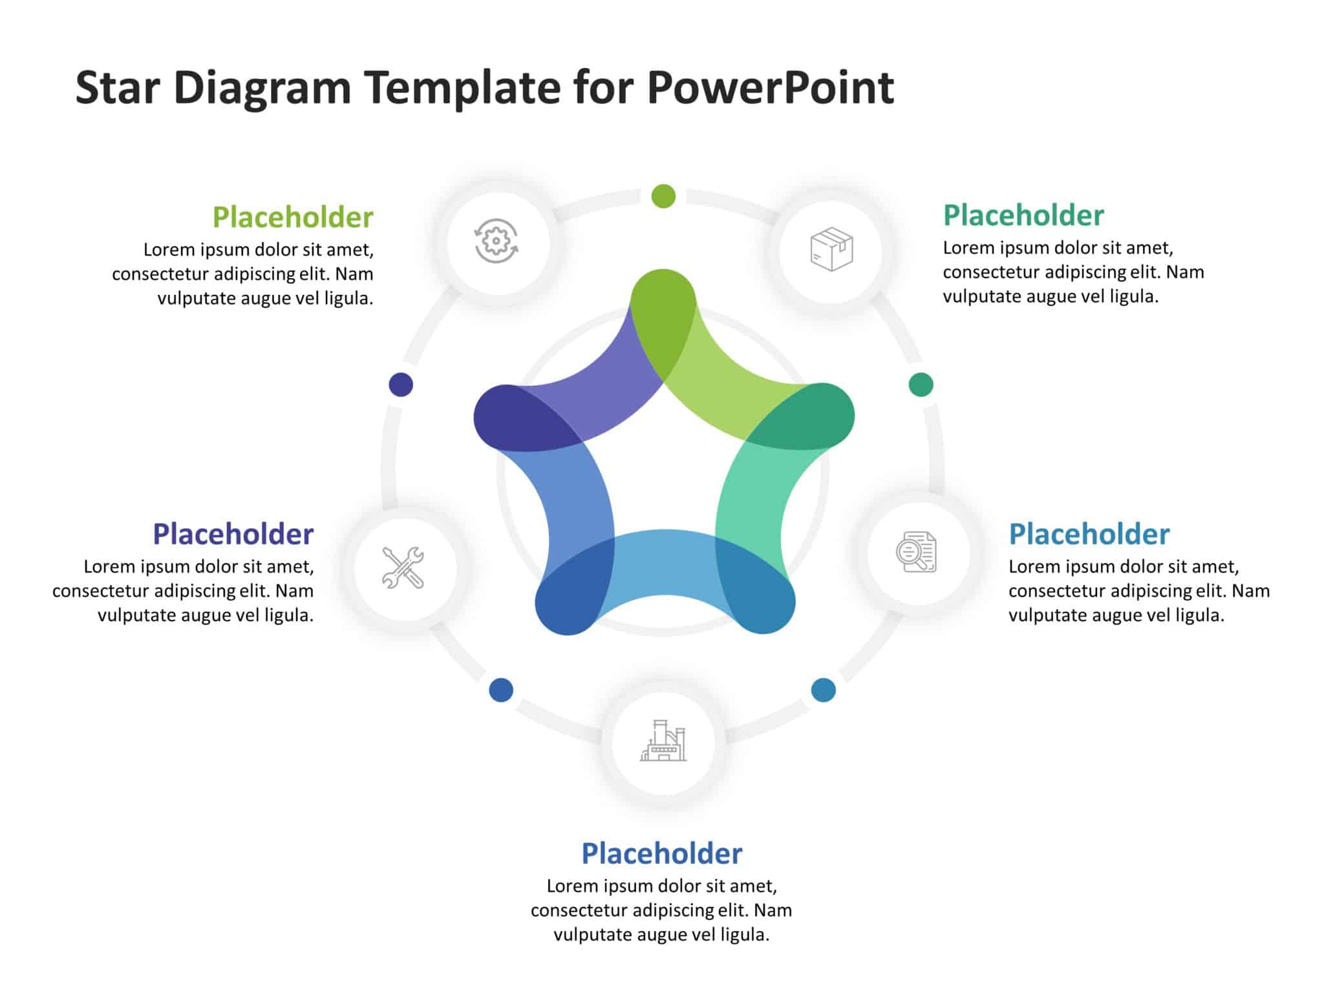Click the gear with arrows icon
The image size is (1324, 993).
tap(496, 241)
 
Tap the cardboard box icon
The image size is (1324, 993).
tap(831, 250)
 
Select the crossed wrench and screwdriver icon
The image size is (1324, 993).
tap(403, 568)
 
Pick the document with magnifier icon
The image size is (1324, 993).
tap(917, 552)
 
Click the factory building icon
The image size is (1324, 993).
tap(663, 742)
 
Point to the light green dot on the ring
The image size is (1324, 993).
tap(663, 196)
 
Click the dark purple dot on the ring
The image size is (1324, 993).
tap(401, 385)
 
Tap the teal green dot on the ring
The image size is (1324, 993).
tap(921, 385)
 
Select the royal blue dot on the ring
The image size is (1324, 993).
tap(501, 690)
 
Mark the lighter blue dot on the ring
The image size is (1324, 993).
tap(823, 690)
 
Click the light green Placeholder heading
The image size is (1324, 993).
tap(293, 217)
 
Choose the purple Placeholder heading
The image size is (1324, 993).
tap(233, 535)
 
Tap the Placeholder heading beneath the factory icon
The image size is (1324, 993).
tap(662, 854)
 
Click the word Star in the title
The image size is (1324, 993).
tap(117, 88)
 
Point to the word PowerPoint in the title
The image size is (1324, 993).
tap(770, 88)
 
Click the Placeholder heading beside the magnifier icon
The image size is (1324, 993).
tap(1089, 535)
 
